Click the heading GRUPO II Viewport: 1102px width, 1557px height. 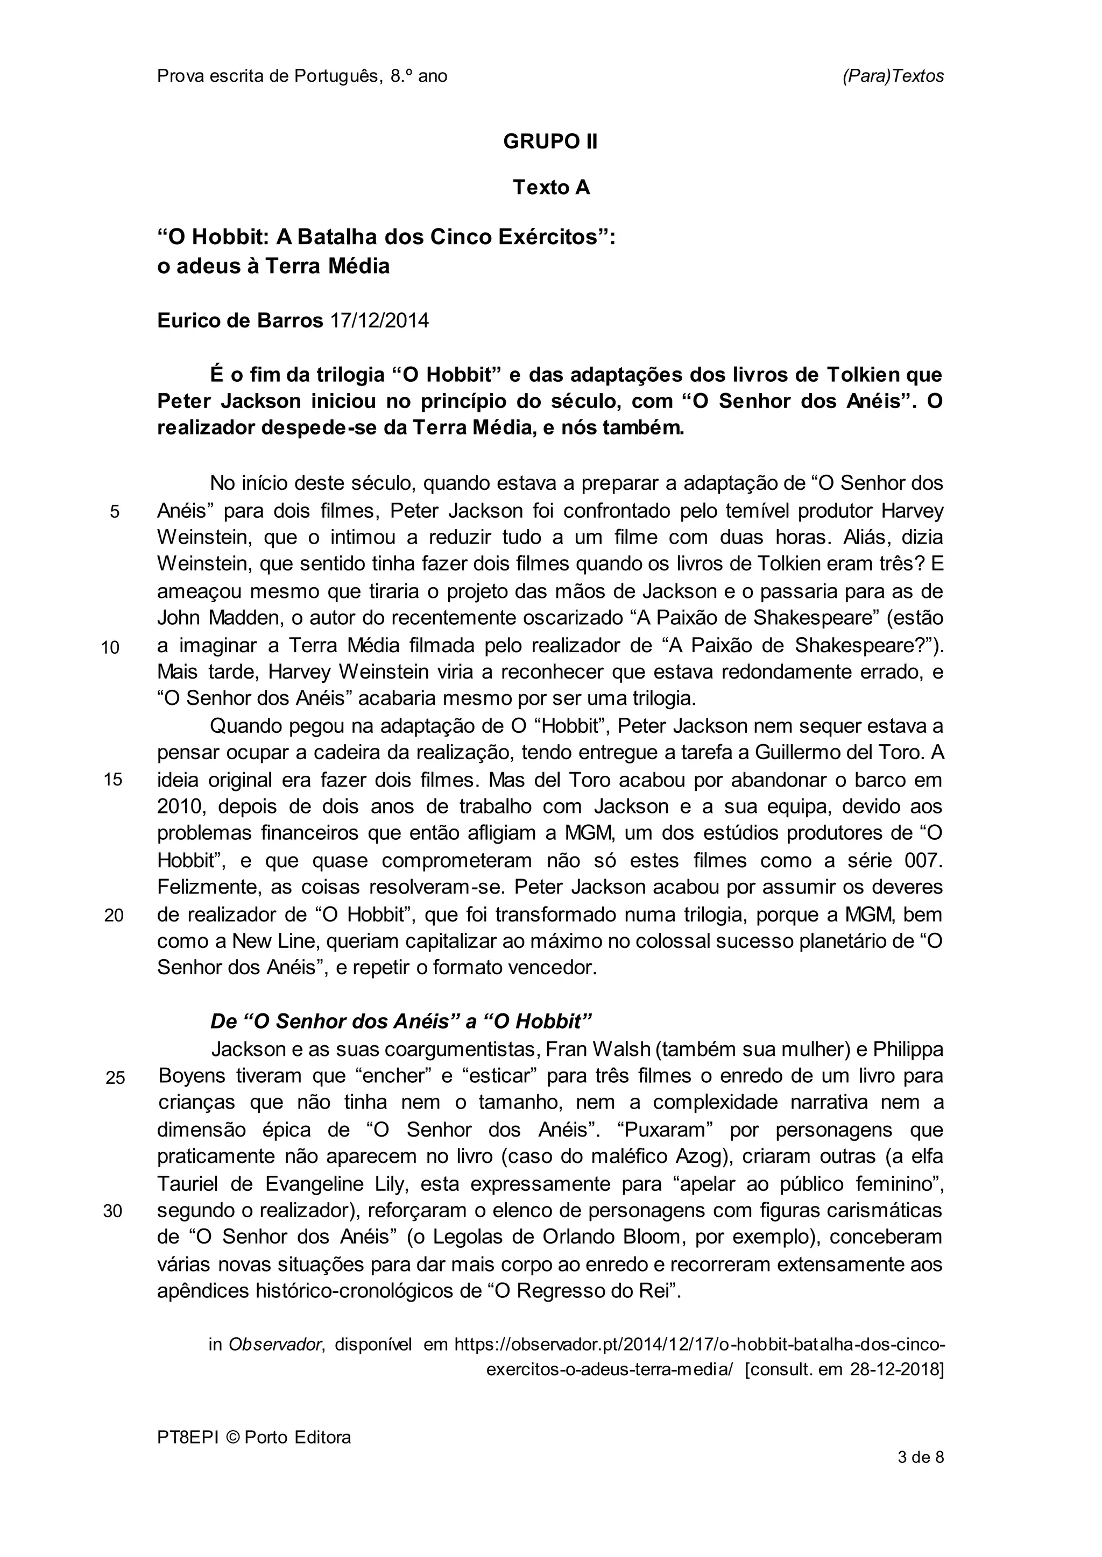[x=550, y=142]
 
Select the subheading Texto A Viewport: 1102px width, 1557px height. [x=551, y=187]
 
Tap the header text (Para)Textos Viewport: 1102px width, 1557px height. [x=893, y=76]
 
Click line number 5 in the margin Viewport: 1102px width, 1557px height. [x=115, y=512]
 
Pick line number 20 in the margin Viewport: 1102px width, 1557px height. [x=114, y=916]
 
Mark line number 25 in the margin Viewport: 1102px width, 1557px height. [x=115, y=1077]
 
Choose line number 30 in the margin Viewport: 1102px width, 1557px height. [x=112, y=1212]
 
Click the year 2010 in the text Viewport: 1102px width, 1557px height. [x=177, y=807]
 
